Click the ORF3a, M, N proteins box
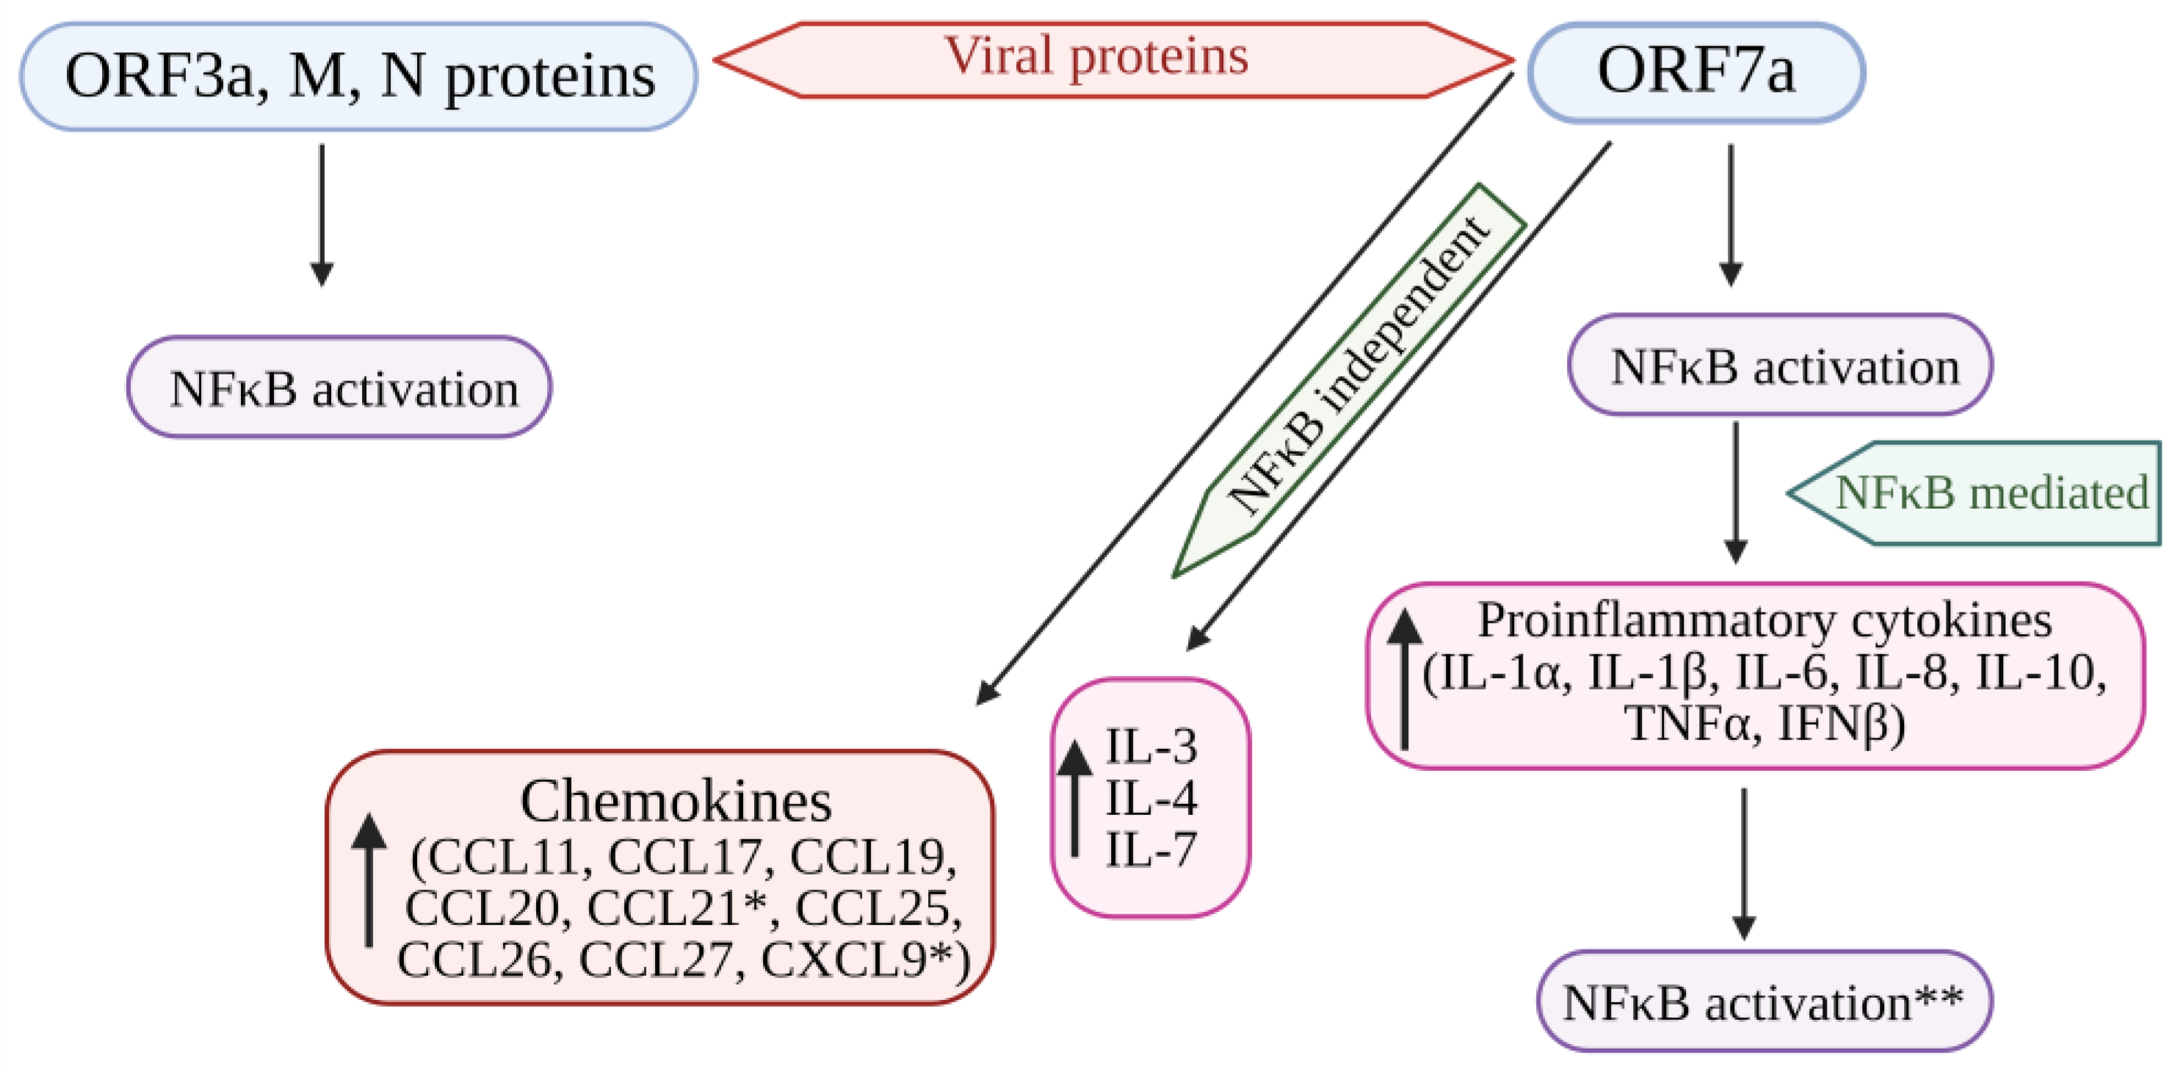click(358, 76)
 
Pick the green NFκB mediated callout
click(1983, 493)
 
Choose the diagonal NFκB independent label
click(1357, 369)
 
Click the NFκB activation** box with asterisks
click(1764, 1002)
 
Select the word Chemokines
click(676, 802)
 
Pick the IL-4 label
click(1151, 798)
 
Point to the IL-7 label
click(1151, 849)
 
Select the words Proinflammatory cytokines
click(1764, 620)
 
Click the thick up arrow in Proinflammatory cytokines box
click(1404, 678)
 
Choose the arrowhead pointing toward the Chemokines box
click(988, 693)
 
